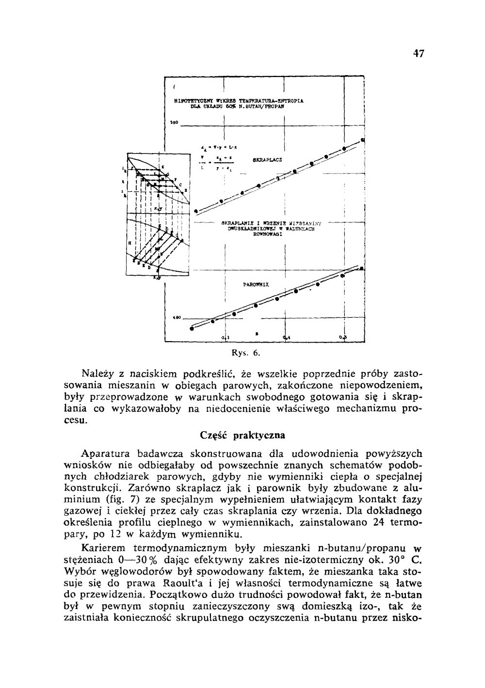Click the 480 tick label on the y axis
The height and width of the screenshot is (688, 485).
click(177, 318)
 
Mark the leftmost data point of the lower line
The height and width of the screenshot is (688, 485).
click(191, 329)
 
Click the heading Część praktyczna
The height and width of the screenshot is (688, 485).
click(242, 435)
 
